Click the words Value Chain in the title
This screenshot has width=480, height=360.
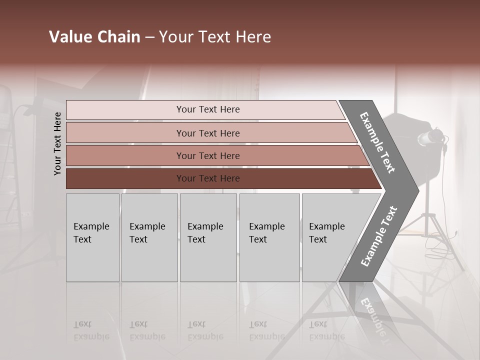pyautogui.click(x=94, y=37)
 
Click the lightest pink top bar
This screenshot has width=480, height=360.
pyautogui.click(x=207, y=109)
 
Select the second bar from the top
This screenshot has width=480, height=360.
pyautogui.click(x=207, y=133)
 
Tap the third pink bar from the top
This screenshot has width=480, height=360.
pyautogui.click(x=207, y=155)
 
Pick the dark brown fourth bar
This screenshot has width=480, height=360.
pyautogui.click(x=207, y=178)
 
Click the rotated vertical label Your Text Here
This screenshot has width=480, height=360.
pyautogui.click(x=57, y=143)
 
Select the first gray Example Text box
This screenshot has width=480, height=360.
pyautogui.click(x=92, y=237)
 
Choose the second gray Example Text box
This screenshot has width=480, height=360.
pyautogui.click(x=149, y=237)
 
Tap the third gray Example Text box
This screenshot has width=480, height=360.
pyautogui.click(x=208, y=237)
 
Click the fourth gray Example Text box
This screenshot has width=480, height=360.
pyautogui.click(x=269, y=237)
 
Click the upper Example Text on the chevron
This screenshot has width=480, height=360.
pyautogui.click(x=377, y=142)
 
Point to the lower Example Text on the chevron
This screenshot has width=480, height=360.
pyautogui.click(x=379, y=236)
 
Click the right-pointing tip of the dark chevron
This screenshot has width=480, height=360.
pyautogui.click(x=415, y=190)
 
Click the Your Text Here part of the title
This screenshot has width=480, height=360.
pyautogui.click(x=215, y=37)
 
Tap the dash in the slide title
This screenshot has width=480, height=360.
pyautogui.click(x=149, y=37)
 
